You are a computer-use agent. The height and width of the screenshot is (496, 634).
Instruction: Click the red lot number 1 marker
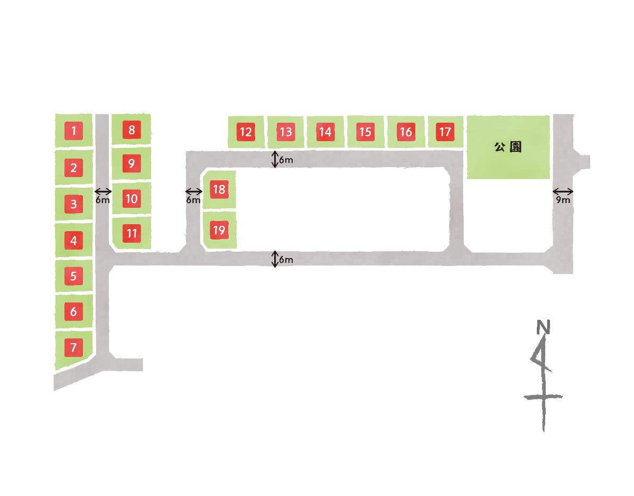click(x=74, y=131)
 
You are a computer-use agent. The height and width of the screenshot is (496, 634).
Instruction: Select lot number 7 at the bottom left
click(x=73, y=348)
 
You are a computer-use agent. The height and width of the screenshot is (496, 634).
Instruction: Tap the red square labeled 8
click(x=132, y=130)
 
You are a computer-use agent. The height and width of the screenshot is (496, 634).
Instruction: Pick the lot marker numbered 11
click(x=132, y=233)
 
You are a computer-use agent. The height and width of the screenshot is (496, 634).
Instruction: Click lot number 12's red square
click(x=245, y=132)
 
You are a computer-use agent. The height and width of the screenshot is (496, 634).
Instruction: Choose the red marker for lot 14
click(x=325, y=132)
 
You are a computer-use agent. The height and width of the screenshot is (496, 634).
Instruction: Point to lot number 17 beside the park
click(x=445, y=131)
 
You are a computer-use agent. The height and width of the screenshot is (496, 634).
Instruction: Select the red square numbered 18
click(x=219, y=189)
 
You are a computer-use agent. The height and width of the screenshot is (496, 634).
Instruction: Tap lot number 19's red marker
click(x=219, y=230)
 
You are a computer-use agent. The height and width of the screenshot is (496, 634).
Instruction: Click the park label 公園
click(x=508, y=148)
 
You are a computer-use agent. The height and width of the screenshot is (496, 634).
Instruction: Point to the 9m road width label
click(x=563, y=200)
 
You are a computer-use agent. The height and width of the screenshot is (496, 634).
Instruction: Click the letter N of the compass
click(x=543, y=328)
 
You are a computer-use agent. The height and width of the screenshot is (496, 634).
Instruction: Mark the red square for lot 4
click(x=73, y=241)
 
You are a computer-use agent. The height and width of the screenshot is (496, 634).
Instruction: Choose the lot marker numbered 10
click(x=132, y=199)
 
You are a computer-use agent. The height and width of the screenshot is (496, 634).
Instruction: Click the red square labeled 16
click(x=405, y=132)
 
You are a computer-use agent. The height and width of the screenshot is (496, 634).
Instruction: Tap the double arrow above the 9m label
click(x=563, y=191)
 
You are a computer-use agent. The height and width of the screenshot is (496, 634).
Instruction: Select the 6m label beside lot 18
click(x=193, y=200)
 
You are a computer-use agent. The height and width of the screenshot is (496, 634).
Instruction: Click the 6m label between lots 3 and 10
click(x=103, y=200)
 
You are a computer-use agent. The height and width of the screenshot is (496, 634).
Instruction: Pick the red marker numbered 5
click(x=73, y=275)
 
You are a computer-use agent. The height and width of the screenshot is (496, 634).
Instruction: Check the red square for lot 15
click(x=365, y=132)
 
